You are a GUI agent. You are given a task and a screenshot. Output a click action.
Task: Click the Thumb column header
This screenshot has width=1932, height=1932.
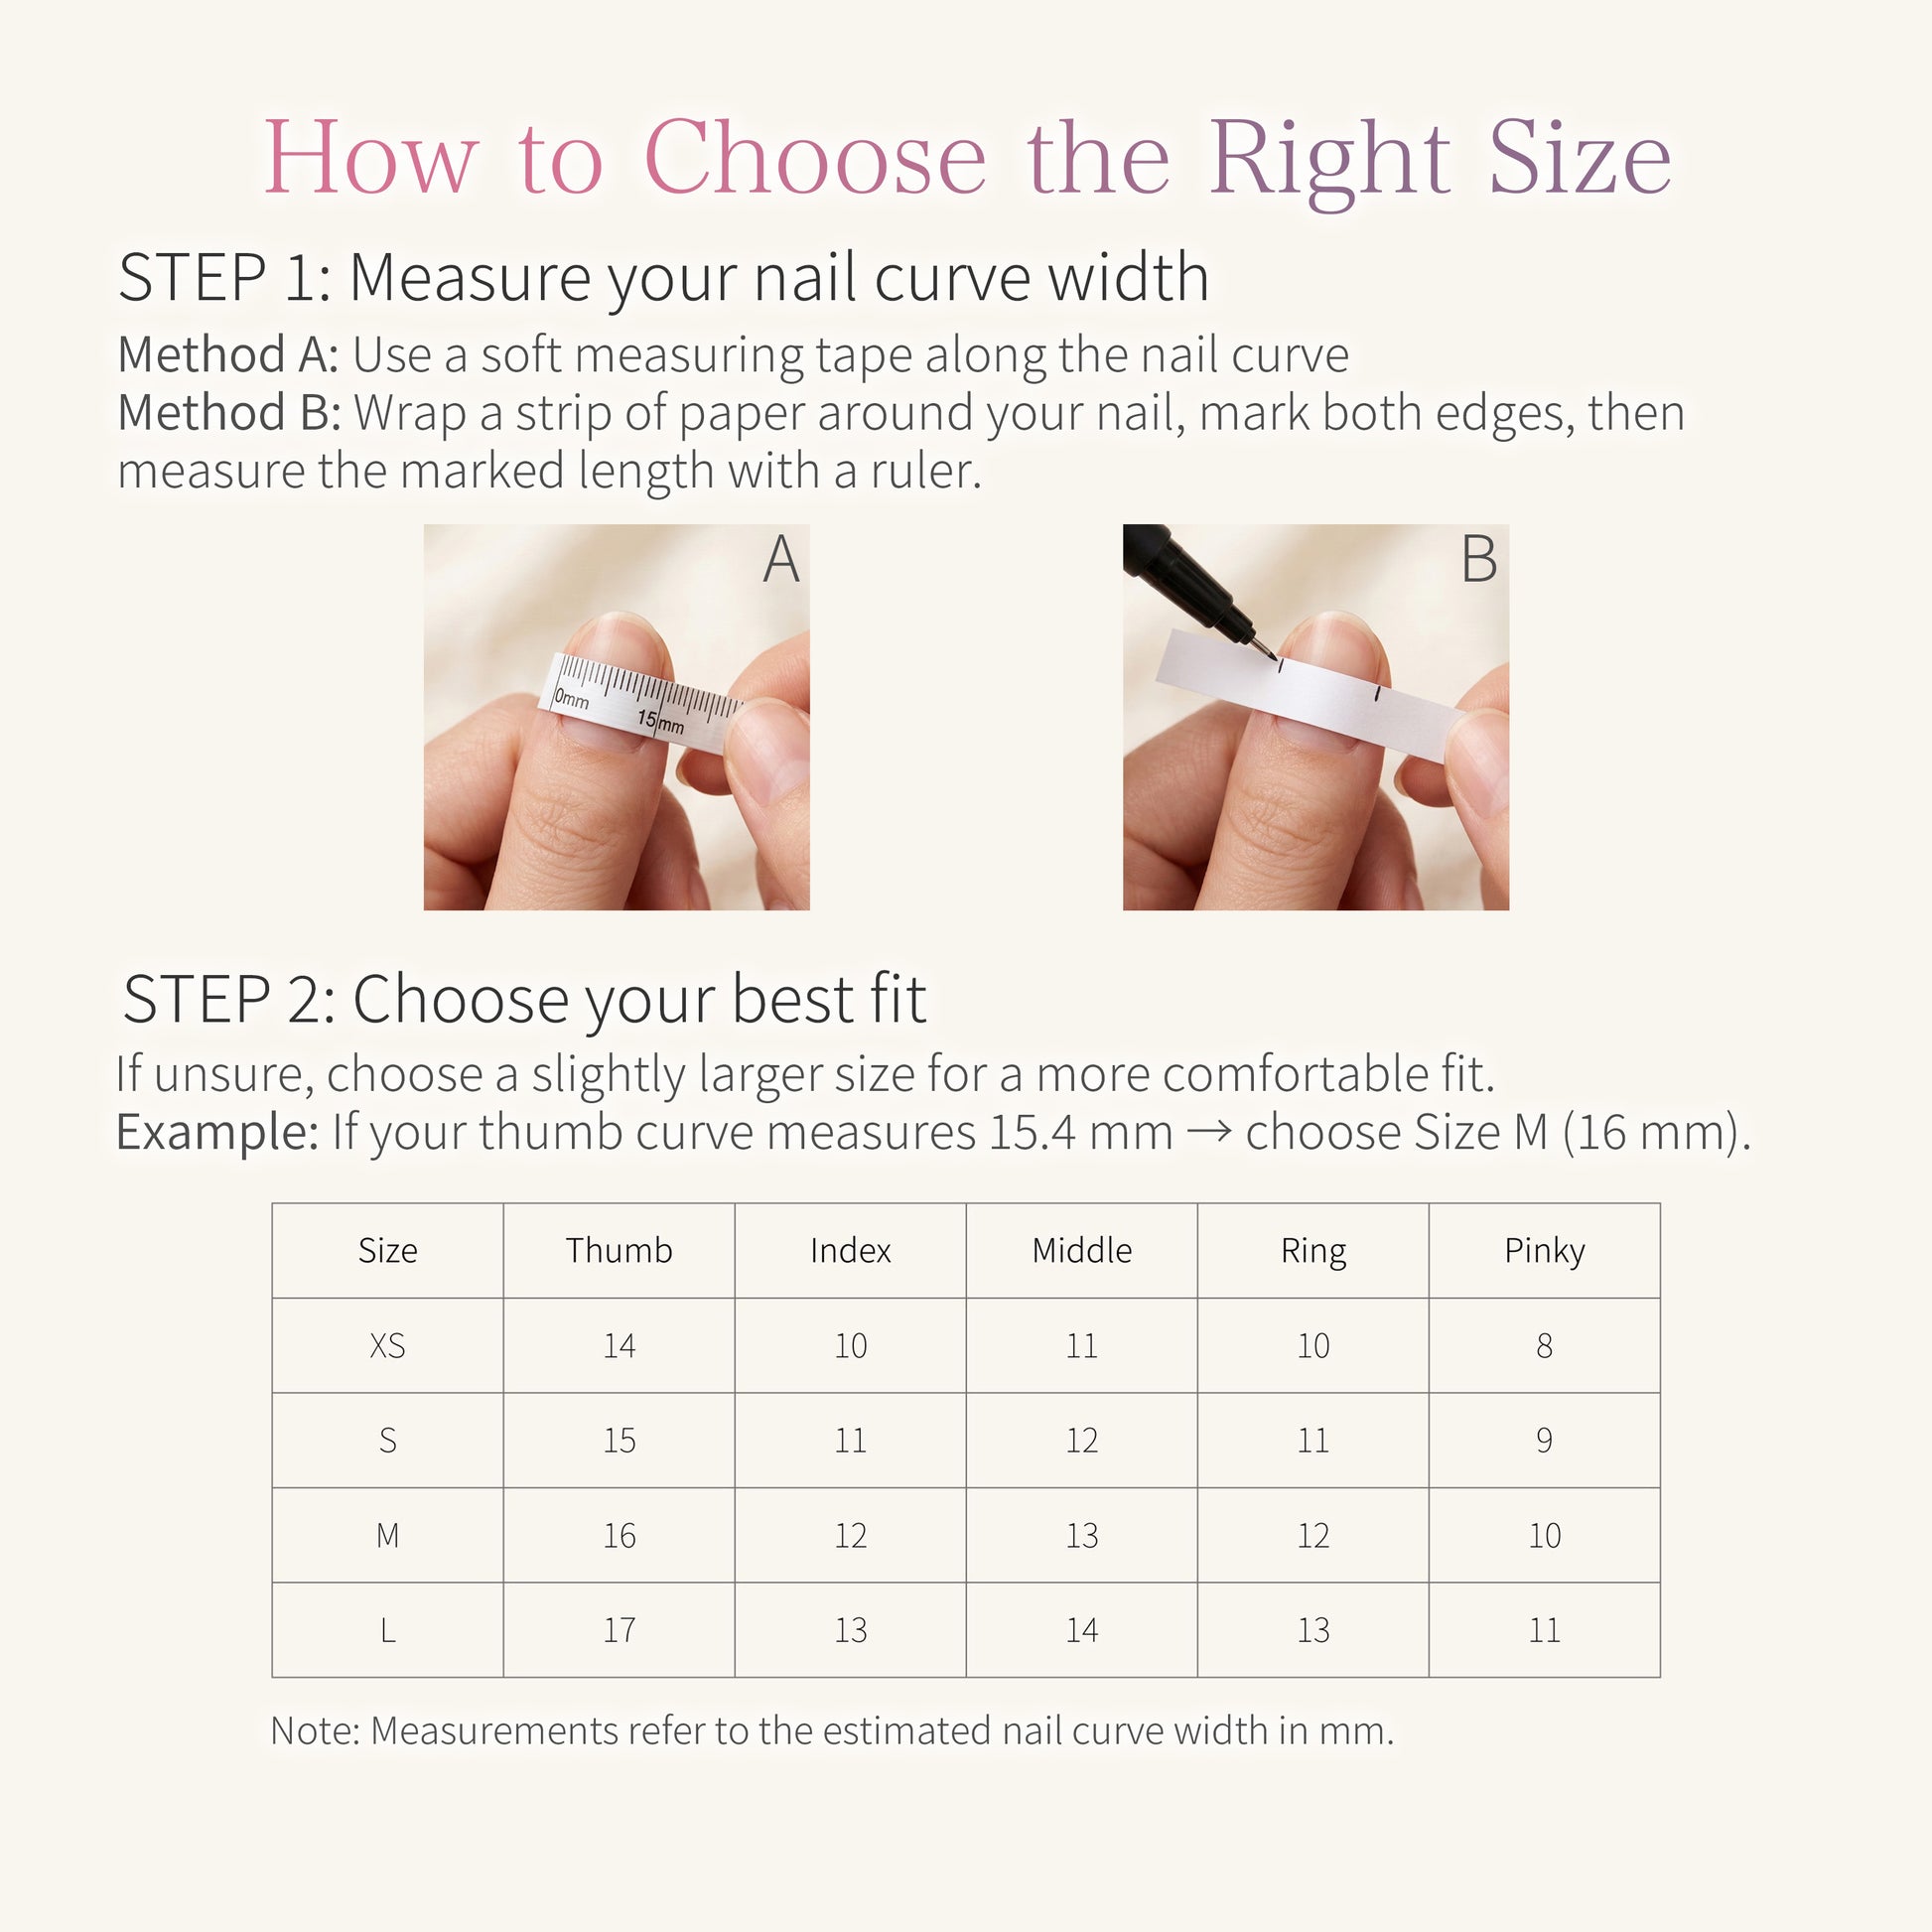point(619,1250)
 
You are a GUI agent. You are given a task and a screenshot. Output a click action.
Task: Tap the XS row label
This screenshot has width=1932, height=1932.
point(388,1346)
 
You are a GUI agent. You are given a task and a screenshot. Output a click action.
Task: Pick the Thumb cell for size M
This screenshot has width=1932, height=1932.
point(619,1535)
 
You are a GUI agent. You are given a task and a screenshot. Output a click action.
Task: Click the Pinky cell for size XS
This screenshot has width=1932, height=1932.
point(1544,1346)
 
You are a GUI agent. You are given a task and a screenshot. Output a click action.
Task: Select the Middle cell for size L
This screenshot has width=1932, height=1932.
point(1082,1630)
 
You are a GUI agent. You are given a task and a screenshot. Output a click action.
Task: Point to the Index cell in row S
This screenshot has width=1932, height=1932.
point(850,1440)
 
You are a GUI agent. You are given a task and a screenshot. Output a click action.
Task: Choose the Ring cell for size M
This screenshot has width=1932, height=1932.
point(1313,1535)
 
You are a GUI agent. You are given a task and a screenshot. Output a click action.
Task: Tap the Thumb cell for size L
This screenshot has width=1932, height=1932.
point(619,1630)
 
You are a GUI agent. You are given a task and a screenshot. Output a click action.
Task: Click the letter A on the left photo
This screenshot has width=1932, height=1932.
point(781,559)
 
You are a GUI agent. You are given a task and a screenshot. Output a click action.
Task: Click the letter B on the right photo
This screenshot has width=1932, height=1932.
point(1479,559)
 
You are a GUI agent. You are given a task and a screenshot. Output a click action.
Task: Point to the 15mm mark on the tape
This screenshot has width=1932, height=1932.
point(661,721)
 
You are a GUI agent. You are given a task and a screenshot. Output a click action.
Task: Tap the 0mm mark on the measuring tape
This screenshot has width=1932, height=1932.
point(571,698)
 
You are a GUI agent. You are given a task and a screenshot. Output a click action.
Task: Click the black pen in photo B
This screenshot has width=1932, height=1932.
point(1196,588)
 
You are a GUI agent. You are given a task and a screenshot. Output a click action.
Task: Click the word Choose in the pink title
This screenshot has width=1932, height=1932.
point(815,158)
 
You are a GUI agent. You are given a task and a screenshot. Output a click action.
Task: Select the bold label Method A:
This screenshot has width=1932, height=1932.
point(228,355)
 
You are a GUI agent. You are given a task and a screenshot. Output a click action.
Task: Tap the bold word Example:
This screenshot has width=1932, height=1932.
point(217,1133)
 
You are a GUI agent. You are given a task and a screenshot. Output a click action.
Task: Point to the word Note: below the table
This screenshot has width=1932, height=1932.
point(315,1731)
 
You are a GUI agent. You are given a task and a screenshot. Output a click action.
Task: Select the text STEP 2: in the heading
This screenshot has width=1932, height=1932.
point(229,999)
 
